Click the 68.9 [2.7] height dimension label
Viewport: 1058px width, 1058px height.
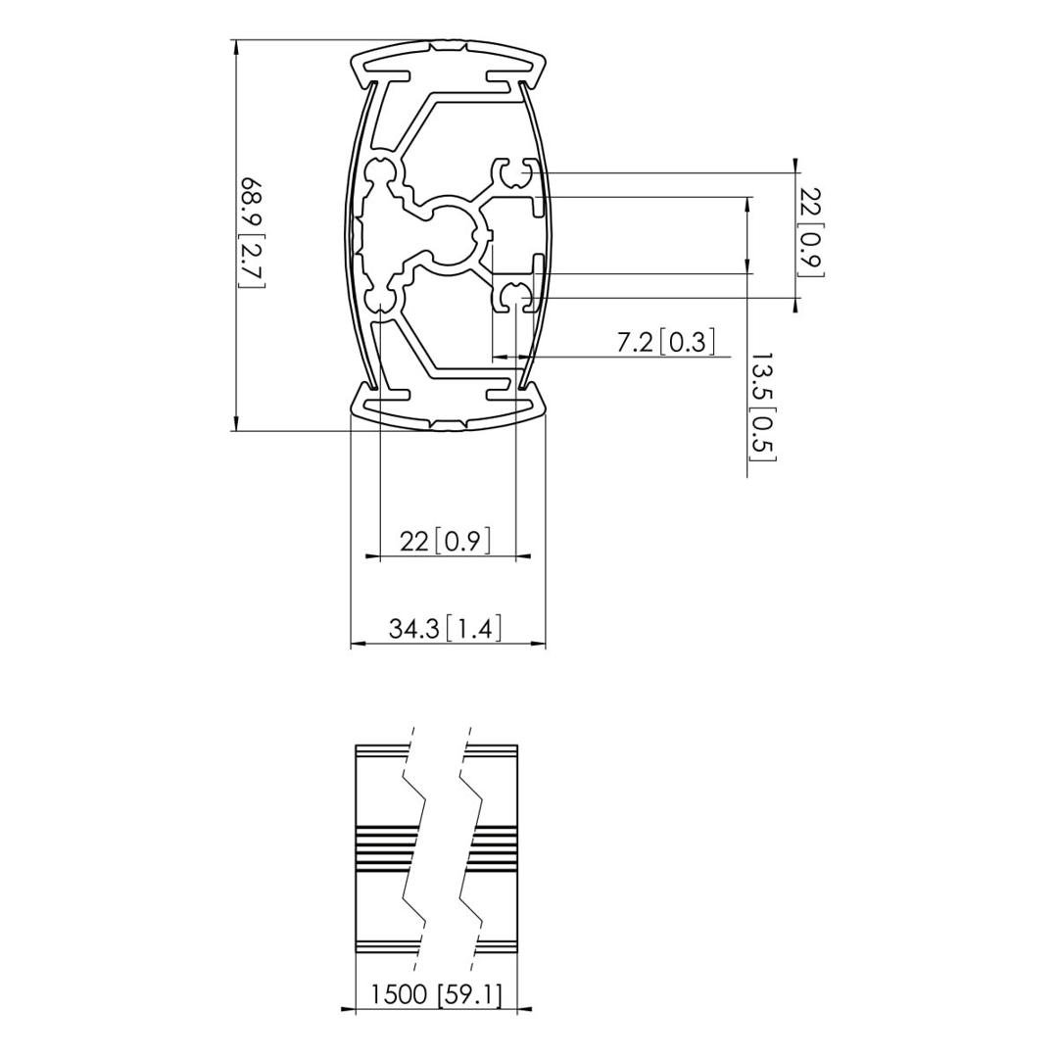coord(253,233)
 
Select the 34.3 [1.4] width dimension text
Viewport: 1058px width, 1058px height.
coord(446,629)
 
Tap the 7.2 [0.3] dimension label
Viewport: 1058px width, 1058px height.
coord(665,343)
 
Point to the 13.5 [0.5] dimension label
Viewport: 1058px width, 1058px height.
coord(763,407)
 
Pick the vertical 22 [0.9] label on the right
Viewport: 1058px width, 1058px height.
coord(810,232)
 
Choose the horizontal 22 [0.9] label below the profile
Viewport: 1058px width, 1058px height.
coord(445,541)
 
